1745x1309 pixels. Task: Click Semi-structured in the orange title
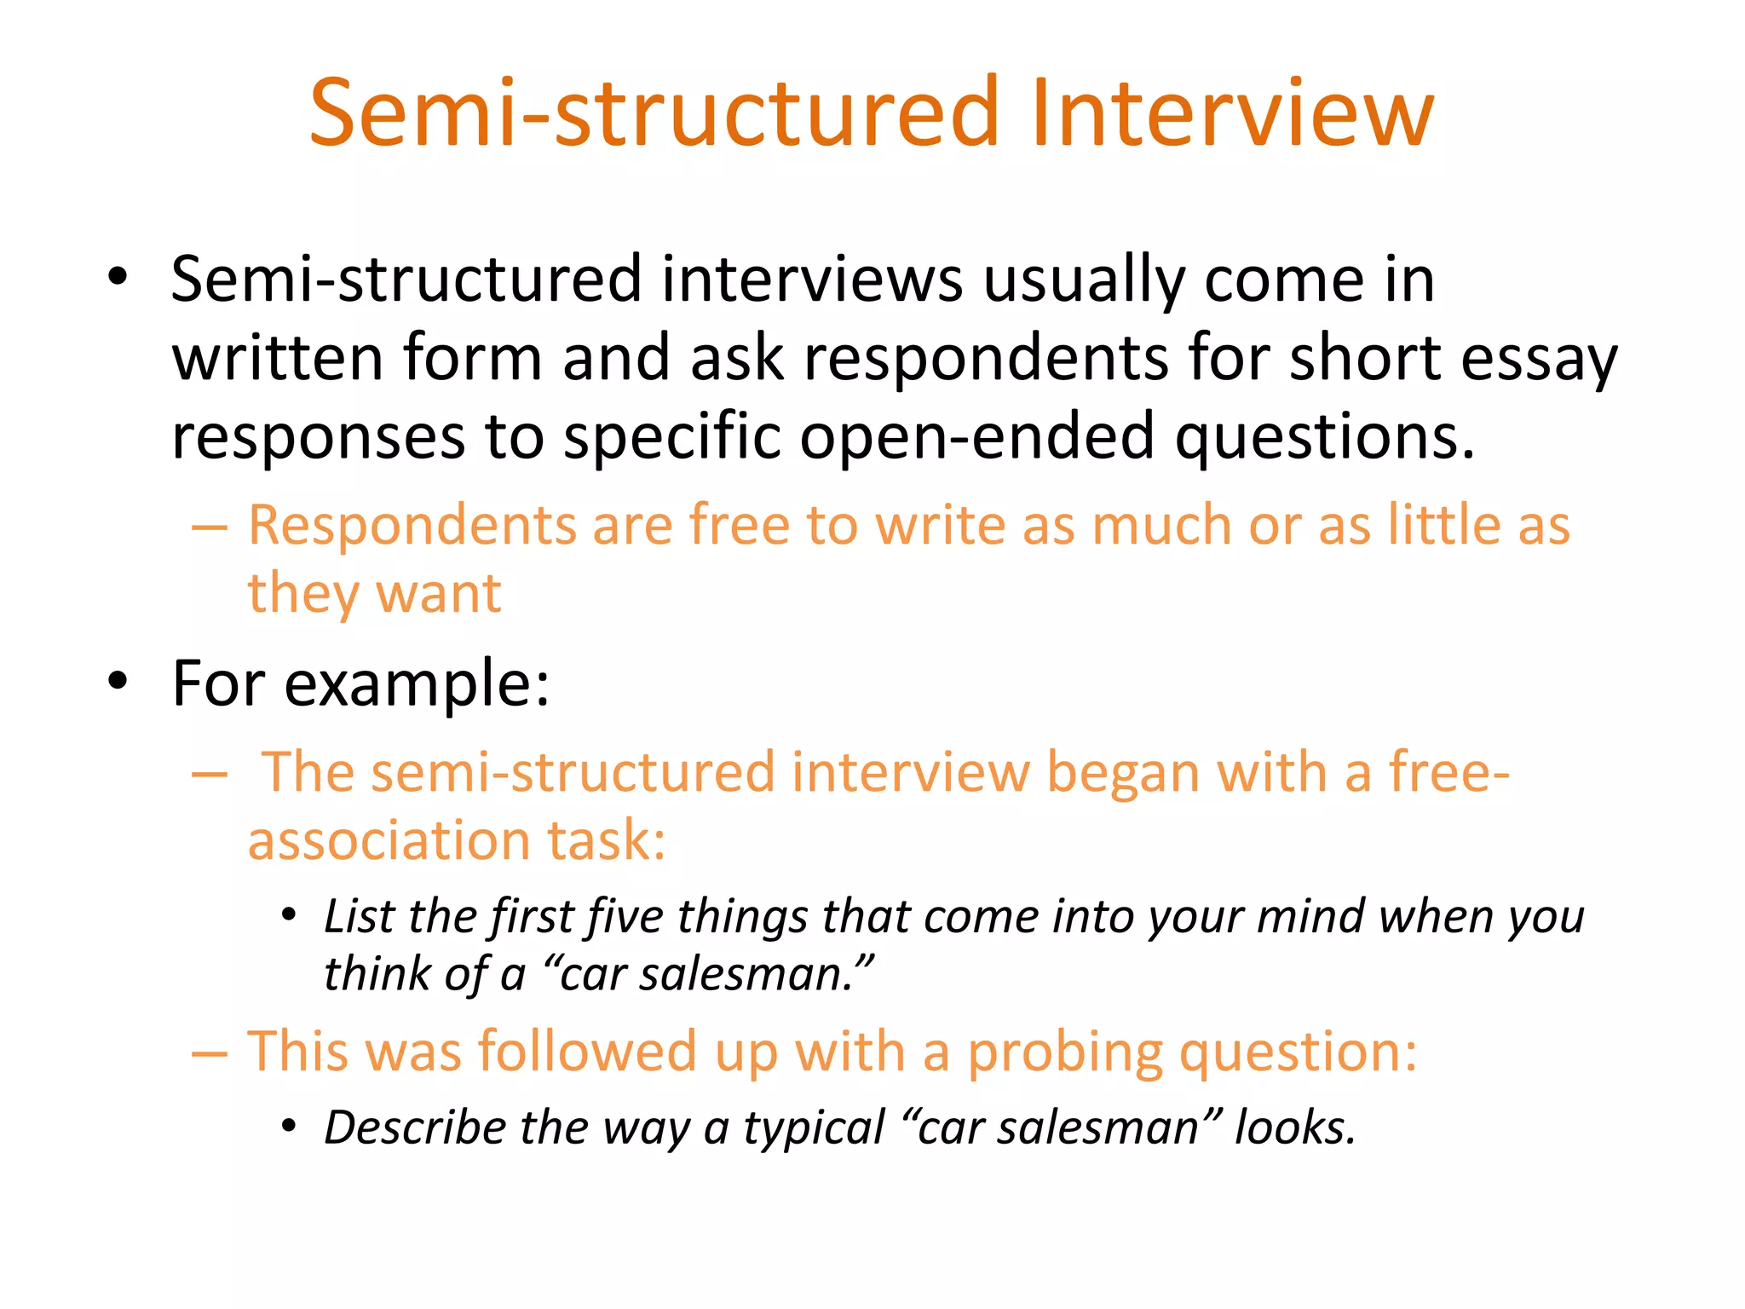point(653,113)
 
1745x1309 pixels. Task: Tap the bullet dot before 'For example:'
point(118,681)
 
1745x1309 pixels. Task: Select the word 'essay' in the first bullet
point(1538,359)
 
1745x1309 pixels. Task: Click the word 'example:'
point(417,684)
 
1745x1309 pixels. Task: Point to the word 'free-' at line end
point(1449,772)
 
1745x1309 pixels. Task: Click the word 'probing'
point(1064,1052)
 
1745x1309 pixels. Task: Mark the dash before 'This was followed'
point(210,1054)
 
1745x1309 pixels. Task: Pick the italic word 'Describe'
point(415,1128)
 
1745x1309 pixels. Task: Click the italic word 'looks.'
point(1294,1128)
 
